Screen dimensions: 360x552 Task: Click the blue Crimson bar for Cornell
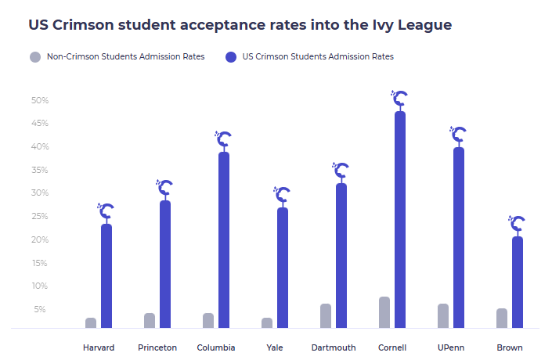click(400, 220)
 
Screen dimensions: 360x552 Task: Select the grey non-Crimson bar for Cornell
click(384, 312)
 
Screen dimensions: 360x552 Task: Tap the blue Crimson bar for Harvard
click(106, 275)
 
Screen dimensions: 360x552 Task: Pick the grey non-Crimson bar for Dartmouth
click(326, 315)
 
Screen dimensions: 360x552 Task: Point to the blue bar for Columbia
click(224, 239)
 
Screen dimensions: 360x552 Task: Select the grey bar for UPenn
click(443, 315)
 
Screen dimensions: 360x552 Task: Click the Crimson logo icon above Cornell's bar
click(400, 99)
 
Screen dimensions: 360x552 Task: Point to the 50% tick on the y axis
click(40, 100)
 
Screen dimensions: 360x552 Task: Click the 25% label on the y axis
click(40, 217)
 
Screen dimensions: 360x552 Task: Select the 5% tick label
click(40, 310)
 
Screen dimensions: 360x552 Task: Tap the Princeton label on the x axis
click(157, 347)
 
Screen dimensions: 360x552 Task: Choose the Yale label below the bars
click(275, 347)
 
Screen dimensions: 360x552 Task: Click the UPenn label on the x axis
click(451, 347)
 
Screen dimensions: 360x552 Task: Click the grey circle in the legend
click(34, 56)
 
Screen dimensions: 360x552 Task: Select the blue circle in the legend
click(230, 56)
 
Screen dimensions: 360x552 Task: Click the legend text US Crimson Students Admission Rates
click(318, 56)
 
